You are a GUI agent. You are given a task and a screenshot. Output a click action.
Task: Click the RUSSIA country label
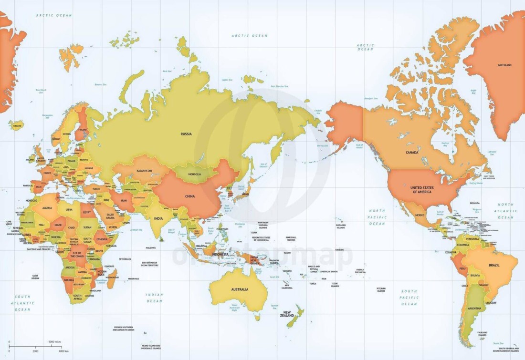point(186,134)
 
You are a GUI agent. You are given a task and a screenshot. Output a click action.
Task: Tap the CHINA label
point(189,195)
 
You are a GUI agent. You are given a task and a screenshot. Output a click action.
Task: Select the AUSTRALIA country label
point(240,289)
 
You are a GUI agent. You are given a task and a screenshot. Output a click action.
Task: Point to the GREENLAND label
point(504,65)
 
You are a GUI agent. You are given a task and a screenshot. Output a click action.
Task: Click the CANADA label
point(412,153)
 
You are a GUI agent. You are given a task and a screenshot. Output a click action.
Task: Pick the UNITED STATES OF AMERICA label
point(421,189)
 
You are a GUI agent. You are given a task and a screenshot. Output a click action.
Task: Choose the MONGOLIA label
point(195,175)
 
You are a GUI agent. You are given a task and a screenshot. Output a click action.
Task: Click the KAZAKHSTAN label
point(144,170)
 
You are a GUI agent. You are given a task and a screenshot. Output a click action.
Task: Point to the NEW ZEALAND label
point(286,314)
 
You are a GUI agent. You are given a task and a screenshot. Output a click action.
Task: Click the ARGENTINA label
point(474,309)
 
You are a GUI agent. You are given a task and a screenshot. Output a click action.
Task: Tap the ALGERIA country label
point(48,208)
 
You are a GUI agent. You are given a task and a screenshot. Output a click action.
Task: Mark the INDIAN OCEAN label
point(154,298)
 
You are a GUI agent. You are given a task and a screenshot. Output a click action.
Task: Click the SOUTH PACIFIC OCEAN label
point(409,297)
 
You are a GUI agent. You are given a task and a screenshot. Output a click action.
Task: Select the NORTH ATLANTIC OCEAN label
point(505,211)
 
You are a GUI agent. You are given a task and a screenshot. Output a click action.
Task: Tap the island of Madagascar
point(112,278)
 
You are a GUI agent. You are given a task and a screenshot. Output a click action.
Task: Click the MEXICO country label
point(420,215)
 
